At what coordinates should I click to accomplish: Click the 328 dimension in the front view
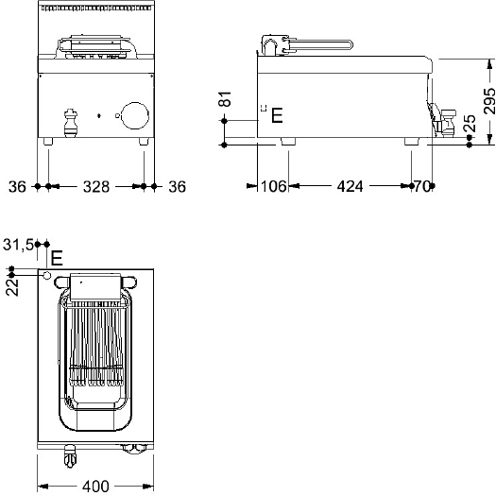tap(96, 187)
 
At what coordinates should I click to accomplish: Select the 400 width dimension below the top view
tap(95, 487)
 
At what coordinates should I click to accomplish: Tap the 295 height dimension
tap(489, 101)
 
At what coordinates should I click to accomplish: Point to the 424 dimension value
tap(350, 186)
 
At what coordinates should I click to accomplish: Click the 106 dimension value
tap(274, 186)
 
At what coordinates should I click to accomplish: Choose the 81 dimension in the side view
tap(225, 98)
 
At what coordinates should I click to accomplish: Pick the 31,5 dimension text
tap(18, 244)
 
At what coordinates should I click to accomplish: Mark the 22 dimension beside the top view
tap(12, 287)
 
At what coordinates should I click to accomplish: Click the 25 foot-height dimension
tap(470, 123)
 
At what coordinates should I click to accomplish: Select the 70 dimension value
tap(422, 186)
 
